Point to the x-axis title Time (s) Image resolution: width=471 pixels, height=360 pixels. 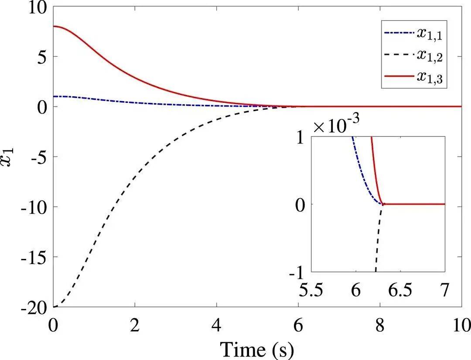pos(257,349)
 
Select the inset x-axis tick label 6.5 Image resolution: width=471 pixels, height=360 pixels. pos(400,290)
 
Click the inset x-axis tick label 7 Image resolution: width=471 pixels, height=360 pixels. pos(444,290)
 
